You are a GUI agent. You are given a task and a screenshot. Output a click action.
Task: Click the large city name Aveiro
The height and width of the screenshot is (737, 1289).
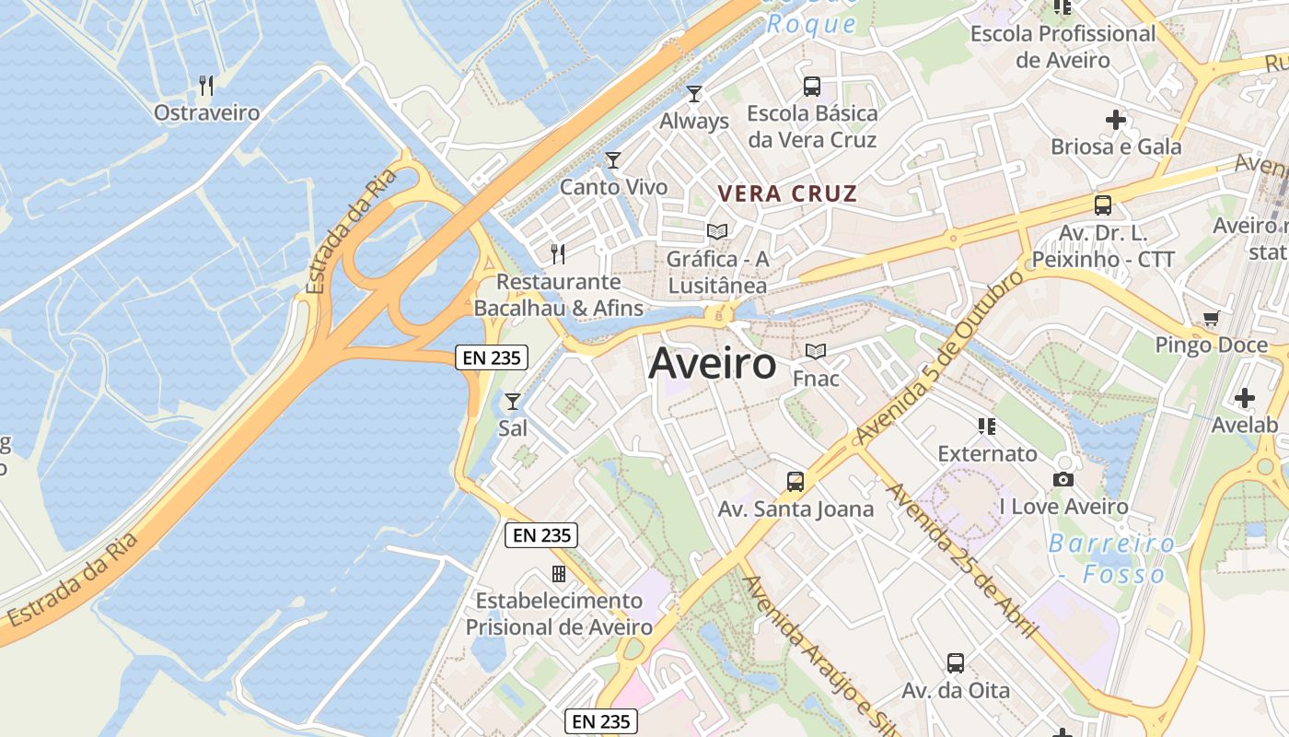point(713,365)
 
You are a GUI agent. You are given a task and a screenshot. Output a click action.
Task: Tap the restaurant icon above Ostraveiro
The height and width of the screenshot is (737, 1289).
point(206,86)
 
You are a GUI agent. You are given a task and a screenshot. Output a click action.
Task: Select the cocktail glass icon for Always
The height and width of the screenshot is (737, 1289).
point(694,94)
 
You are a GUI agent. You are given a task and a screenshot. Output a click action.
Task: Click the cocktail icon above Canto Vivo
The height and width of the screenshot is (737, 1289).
point(613,160)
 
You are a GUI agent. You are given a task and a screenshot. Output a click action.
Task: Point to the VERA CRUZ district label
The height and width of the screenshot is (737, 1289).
point(787,194)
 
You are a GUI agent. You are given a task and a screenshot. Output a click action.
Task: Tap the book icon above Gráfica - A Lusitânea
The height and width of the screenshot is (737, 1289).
point(716,231)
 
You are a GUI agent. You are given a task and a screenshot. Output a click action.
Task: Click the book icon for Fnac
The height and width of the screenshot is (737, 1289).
point(815,351)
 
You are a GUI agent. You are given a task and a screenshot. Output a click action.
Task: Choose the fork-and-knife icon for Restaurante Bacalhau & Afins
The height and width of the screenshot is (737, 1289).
point(558,253)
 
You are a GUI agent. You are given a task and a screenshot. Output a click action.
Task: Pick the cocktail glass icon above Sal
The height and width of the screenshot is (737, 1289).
point(513,402)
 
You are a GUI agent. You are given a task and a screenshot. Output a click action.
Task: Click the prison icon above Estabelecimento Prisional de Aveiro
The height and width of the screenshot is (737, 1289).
point(558,574)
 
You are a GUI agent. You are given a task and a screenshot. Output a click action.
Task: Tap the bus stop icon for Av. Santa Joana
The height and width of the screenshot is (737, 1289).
point(795,481)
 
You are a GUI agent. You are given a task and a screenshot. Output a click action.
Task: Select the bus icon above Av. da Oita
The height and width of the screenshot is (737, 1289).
point(956,662)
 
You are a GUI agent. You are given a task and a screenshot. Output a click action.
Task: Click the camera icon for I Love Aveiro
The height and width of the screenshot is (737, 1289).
point(1063,479)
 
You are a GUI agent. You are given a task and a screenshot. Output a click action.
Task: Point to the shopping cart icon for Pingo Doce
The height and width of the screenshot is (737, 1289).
point(1211,319)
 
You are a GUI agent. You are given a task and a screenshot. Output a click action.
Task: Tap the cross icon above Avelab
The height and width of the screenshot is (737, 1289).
point(1245,398)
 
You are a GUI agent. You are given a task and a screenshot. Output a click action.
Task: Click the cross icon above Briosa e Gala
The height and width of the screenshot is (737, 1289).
point(1116,120)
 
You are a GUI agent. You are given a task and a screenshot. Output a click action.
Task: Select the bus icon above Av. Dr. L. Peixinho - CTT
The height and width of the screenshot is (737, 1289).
point(1103,205)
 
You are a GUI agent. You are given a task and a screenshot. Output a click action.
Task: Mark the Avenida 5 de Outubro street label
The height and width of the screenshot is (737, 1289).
point(939,355)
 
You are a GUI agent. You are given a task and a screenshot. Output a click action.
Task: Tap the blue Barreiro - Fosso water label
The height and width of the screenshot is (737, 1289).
point(1111,558)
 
